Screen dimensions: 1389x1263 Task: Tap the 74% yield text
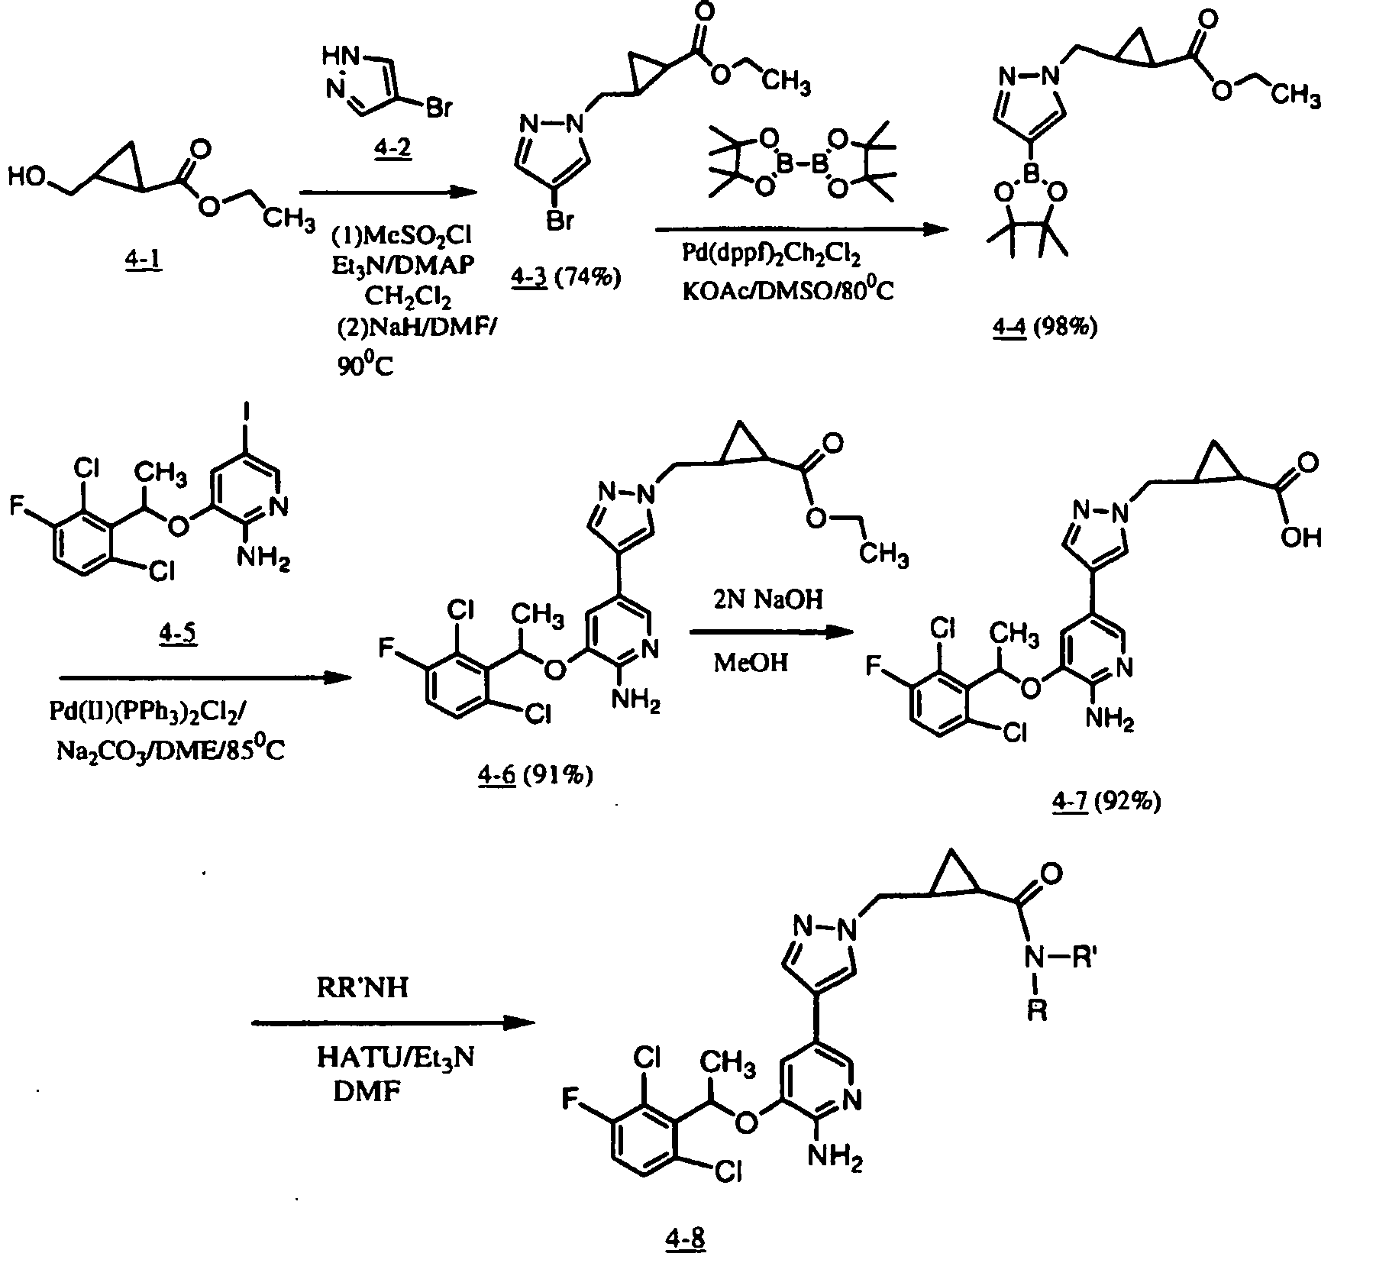(588, 278)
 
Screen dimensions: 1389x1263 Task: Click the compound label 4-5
(178, 633)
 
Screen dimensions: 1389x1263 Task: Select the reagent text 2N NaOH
(769, 600)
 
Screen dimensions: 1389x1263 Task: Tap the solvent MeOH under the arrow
(751, 662)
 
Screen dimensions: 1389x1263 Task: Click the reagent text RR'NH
(363, 988)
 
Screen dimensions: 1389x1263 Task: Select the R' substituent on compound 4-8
(1085, 959)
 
